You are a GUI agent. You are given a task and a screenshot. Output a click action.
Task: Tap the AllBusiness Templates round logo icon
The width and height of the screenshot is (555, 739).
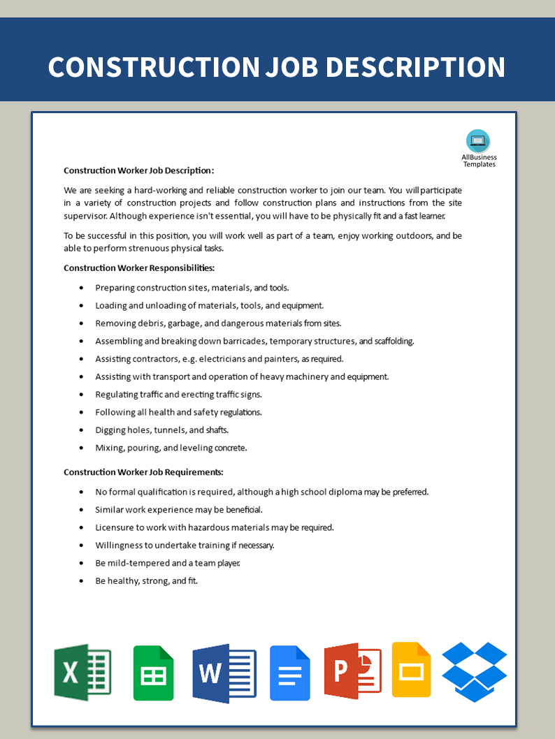478,141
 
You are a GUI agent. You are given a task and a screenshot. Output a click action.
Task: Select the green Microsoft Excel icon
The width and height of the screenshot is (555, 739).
82,672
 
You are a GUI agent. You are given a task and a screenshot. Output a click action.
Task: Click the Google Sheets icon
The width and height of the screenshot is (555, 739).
154,673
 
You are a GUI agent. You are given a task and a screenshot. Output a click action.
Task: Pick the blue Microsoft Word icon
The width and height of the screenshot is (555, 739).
224,673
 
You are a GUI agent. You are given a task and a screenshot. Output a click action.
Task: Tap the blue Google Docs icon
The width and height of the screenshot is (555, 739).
290,673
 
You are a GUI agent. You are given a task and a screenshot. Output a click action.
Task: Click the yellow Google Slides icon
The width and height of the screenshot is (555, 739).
411,669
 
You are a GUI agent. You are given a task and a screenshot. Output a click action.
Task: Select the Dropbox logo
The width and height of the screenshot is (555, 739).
475,671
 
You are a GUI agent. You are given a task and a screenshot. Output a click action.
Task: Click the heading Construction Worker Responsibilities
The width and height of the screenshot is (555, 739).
139,268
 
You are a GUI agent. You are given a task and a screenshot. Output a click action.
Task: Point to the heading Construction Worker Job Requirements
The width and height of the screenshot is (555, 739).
143,472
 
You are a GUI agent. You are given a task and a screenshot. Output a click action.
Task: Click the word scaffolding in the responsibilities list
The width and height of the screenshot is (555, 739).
394,341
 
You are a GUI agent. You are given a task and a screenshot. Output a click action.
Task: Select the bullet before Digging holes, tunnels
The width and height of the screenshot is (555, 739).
81,430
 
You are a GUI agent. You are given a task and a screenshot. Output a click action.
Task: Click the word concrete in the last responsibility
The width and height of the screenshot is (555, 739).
231,448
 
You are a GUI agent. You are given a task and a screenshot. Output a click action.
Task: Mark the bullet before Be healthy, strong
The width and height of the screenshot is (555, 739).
81,581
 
